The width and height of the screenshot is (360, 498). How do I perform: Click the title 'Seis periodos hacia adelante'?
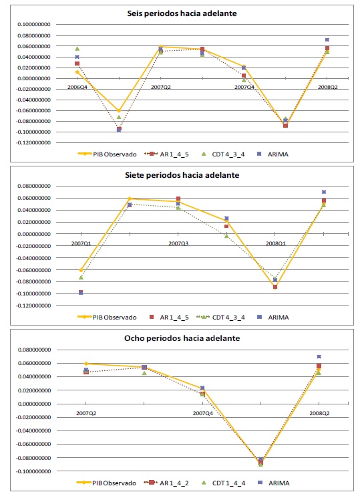(x=182, y=13)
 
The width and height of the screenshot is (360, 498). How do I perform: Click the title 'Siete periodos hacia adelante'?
(x=182, y=175)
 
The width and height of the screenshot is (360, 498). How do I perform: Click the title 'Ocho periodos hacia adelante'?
(x=182, y=338)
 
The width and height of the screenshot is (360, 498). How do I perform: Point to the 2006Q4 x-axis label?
(x=77, y=87)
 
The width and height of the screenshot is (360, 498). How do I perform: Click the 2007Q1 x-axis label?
(x=81, y=243)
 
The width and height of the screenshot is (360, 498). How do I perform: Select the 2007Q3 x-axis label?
(x=178, y=243)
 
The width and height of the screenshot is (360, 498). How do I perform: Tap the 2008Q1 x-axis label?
(x=276, y=243)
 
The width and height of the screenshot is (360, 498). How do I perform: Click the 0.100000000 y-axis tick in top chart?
(x=34, y=25)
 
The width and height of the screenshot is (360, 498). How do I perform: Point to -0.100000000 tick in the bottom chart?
(x=33, y=471)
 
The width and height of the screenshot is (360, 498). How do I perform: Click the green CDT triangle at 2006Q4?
(x=77, y=49)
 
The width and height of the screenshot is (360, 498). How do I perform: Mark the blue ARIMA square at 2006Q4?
(x=77, y=57)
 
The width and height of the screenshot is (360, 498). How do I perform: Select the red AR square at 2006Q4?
(x=77, y=64)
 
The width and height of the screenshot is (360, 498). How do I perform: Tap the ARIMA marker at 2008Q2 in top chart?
(x=327, y=39)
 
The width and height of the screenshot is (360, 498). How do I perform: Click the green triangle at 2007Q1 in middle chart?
(x=81, y=277)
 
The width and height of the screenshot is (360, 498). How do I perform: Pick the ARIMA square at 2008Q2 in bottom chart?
(x=319, y=357)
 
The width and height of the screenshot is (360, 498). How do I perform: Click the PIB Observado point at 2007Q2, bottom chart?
(x=86, y=364)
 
